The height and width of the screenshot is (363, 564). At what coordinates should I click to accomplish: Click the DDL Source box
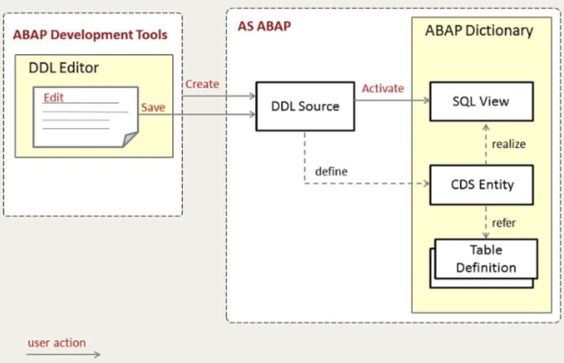coord(305,106)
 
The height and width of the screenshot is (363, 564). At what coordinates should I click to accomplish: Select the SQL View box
coord(481,101)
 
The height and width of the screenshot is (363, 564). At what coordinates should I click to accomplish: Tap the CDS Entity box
coord(481,185)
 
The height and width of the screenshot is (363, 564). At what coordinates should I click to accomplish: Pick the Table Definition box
coord(485,259)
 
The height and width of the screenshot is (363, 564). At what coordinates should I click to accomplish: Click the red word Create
coord(202,84)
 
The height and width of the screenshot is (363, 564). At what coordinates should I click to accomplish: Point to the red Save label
coord(153,107)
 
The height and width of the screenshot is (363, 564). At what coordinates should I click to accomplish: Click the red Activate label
coord(382,89)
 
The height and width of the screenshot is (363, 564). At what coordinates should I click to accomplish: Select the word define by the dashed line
coord(331,172)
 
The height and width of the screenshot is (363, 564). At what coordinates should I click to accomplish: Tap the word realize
coord(509,144)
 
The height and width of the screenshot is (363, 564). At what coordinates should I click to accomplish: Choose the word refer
coord(503,223)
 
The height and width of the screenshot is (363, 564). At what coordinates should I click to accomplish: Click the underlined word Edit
coord(53,97)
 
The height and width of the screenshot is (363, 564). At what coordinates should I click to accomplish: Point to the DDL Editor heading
coord(63,68)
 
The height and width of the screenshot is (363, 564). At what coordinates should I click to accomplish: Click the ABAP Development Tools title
coord(90,35)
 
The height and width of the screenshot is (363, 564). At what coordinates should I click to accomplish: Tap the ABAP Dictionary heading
coord(479,31)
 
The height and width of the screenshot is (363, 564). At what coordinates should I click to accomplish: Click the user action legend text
coord(56,342)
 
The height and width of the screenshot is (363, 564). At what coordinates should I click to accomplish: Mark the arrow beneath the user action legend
coord(64,354)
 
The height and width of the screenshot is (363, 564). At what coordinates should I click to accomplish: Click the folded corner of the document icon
coord(130,139)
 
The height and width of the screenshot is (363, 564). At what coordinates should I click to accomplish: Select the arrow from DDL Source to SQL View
coord(392,100)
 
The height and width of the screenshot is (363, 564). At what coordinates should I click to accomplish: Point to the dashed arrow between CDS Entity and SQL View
coord(485,144)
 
